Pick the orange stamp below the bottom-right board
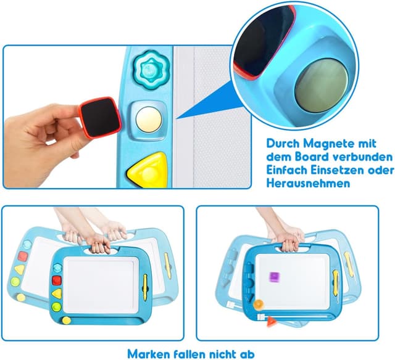(259, 304)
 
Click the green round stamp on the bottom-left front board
(57, 306)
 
